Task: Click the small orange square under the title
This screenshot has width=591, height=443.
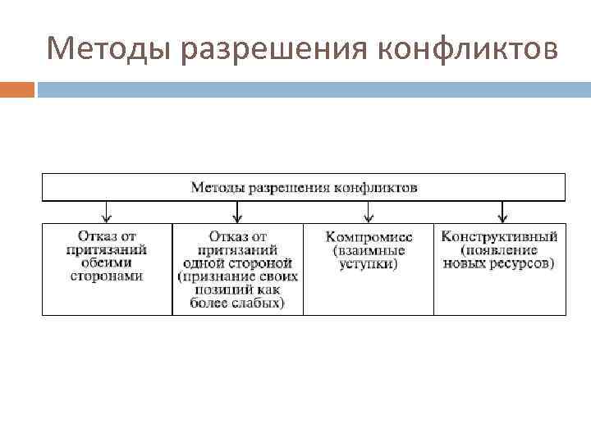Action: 17,89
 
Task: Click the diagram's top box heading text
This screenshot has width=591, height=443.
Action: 304,188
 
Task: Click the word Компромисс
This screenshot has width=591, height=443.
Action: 369,236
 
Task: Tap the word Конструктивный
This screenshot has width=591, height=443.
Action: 499,236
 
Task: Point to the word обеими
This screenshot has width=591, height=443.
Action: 106,263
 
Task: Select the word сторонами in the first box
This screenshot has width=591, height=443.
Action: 106,276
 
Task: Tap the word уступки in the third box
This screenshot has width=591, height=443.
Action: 369,263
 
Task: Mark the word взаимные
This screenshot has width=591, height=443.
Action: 369,249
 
